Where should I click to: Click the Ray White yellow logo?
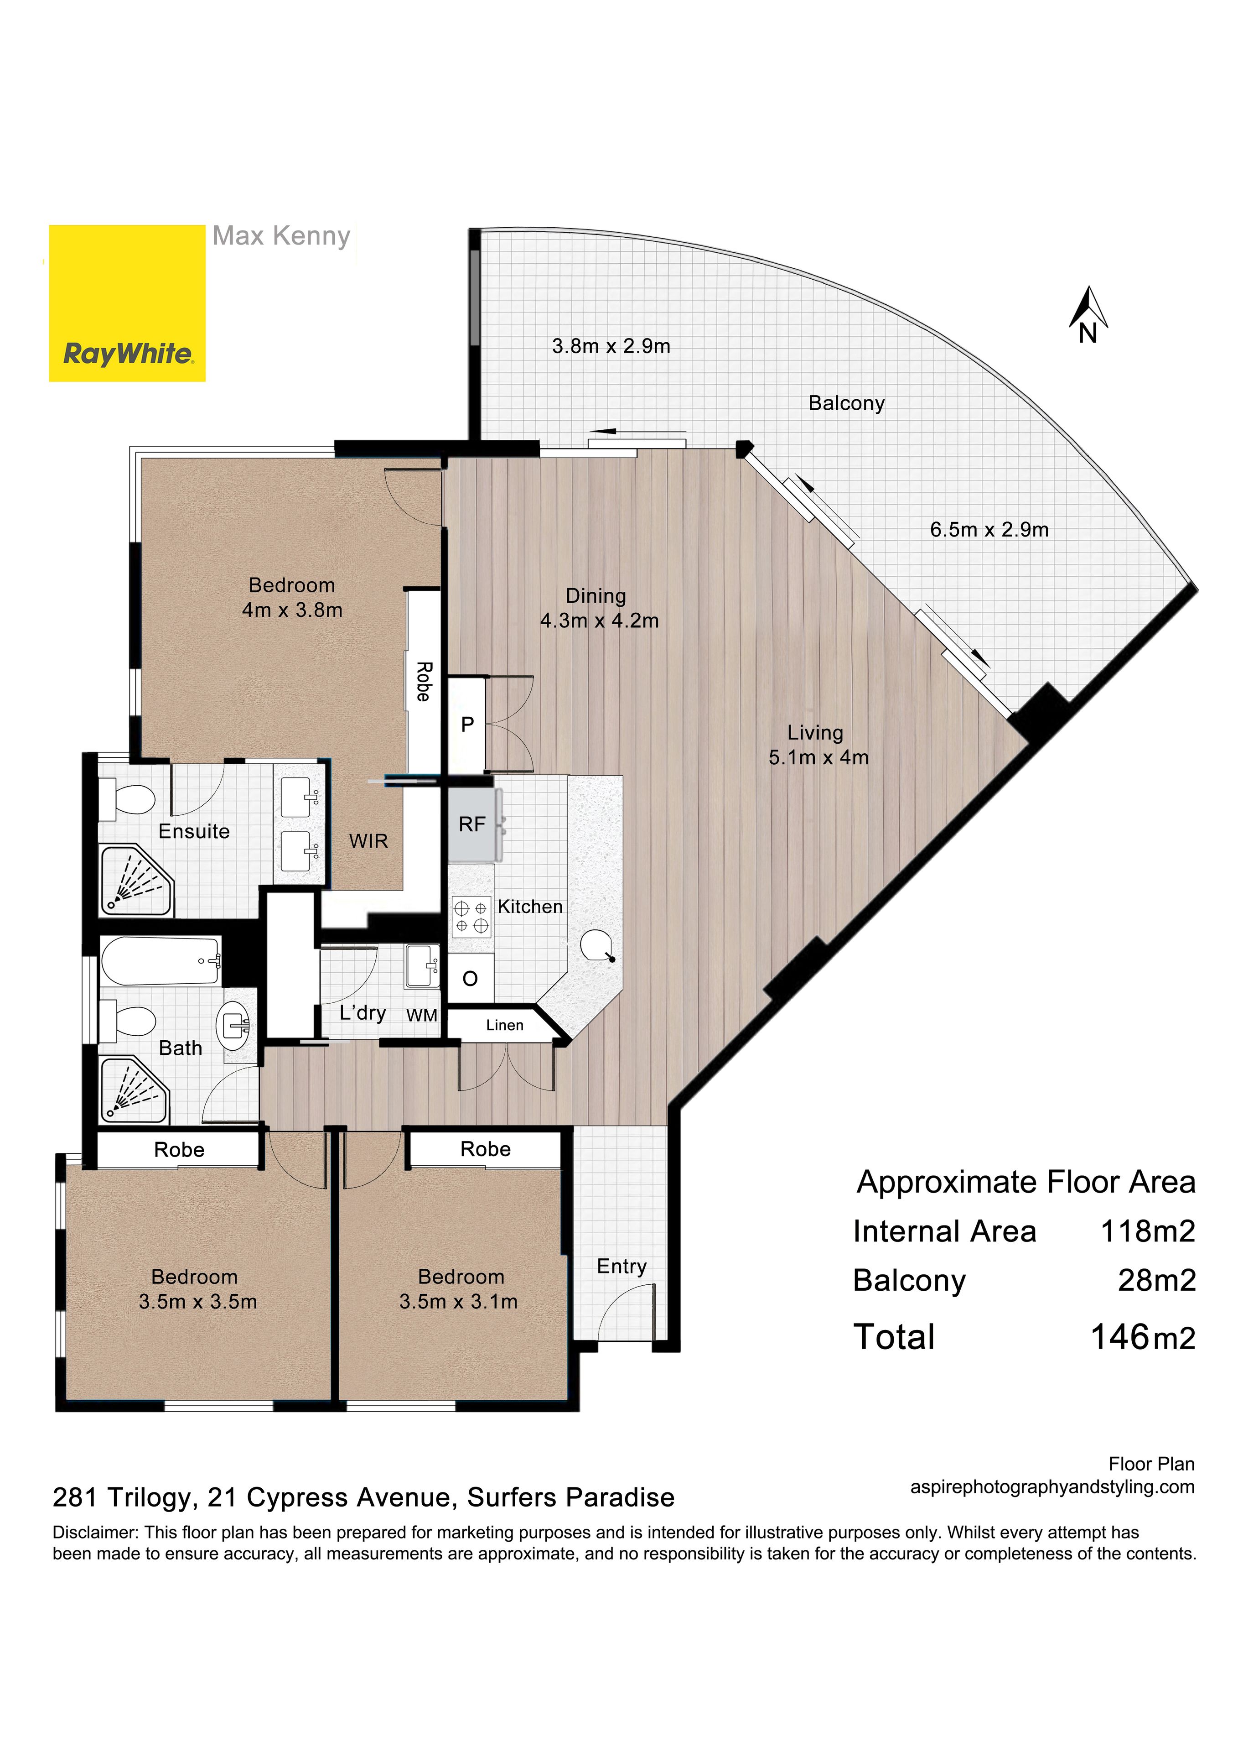click(127, 303)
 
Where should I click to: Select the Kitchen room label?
click(530, 907)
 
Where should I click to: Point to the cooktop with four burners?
click(471, 917)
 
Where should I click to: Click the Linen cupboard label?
click(505, 1026)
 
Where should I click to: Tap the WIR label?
click(368, 841)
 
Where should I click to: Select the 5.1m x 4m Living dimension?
click(818, 758)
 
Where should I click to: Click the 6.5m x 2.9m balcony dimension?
click(989, 530)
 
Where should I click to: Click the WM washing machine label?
click(422, 1016)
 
